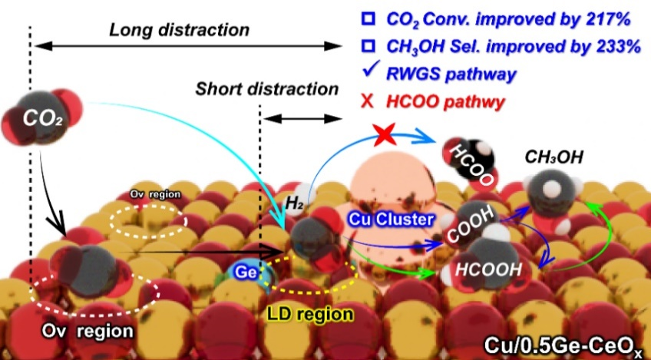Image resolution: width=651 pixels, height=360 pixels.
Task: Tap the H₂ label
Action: coord(296,202)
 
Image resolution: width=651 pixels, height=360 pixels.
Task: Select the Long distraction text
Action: coord(180,31)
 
